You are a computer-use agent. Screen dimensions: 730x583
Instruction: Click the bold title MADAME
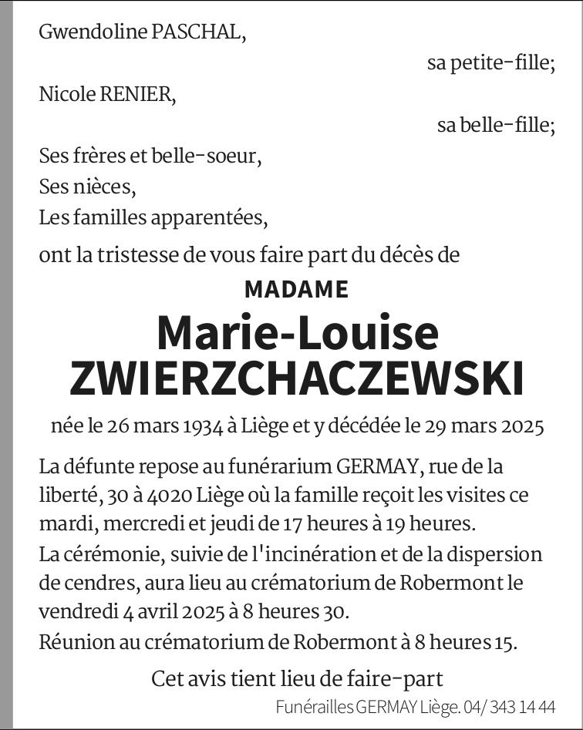tap(297, 289)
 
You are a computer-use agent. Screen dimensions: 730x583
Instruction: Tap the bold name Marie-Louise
tap(297, 332)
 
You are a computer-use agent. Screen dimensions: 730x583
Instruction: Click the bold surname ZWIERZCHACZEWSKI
tap(297, 378)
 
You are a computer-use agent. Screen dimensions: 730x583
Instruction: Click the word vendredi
tap(77, 613)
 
